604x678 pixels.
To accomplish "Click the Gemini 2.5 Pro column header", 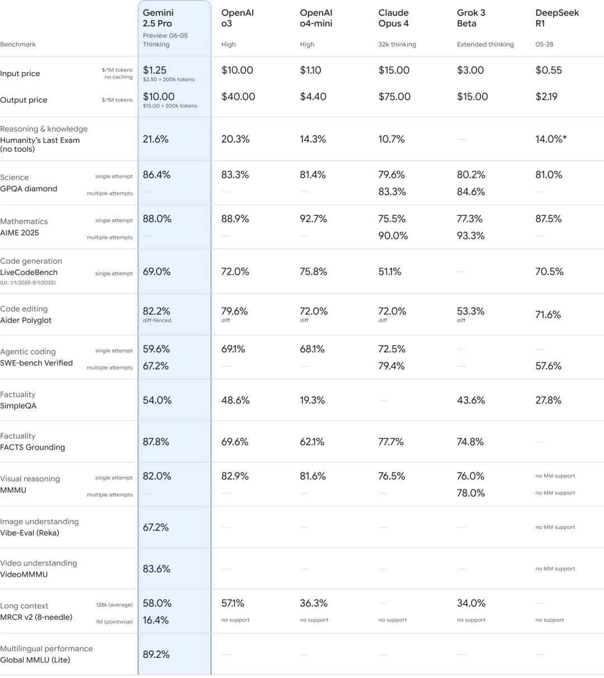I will [158, 18].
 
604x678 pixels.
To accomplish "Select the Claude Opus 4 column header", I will [394, 18].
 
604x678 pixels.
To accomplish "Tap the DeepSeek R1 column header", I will [557, 18].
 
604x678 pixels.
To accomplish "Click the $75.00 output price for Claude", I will [394, 97].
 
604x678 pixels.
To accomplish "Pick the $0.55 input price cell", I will [549, 70].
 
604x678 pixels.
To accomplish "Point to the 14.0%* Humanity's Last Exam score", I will [551, 139].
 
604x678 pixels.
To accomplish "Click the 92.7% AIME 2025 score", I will [313, 219].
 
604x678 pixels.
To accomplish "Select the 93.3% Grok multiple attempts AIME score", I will [471, 236].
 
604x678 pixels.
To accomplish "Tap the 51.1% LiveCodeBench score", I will [390, 272].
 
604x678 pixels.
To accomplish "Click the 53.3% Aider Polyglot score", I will [471, 311].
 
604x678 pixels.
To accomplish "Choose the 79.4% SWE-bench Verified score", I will [392, 366].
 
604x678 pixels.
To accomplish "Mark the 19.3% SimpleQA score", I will [313, 401].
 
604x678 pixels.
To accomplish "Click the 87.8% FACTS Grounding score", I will [156, 442].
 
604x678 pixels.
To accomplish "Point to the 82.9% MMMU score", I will [235, 476].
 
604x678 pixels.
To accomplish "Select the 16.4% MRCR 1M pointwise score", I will [155, 620].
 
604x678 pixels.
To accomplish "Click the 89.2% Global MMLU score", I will [156, 655].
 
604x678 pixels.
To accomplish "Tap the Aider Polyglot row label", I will [26, 321].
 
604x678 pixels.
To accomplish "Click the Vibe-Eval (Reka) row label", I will [30, 533].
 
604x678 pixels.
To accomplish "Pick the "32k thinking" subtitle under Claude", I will [397, 45].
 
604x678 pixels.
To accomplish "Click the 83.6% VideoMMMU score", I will [156, 569].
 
